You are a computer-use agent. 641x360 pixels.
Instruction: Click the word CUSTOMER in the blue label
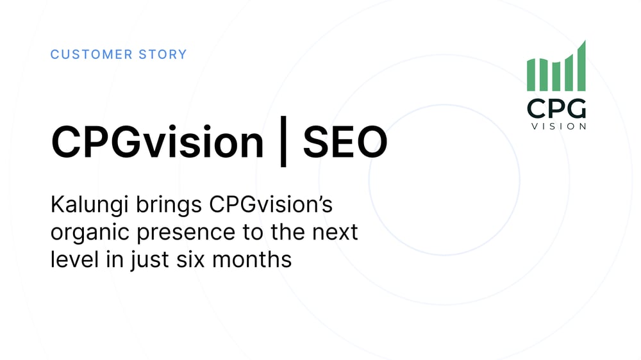(84, 54)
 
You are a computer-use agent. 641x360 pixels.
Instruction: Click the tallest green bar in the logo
(581, 67)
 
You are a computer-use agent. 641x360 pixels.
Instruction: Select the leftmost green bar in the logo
(530, 75)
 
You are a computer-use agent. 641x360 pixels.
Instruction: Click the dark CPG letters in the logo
(556, 108)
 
